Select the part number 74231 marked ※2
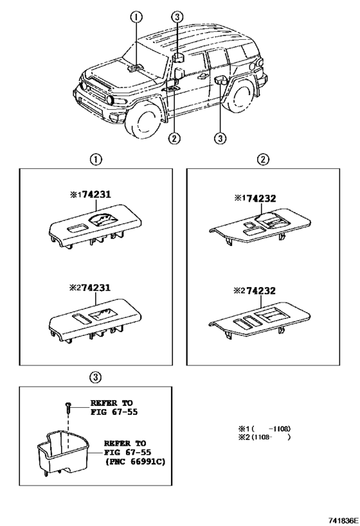click(x=97, y=289)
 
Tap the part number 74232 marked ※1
click(x=256, y=199)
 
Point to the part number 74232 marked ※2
click(x=256, y=290)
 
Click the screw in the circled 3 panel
click(x=67, y=407)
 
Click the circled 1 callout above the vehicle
click(x=136, y=17)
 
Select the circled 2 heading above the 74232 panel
click(x=264, y=159)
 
